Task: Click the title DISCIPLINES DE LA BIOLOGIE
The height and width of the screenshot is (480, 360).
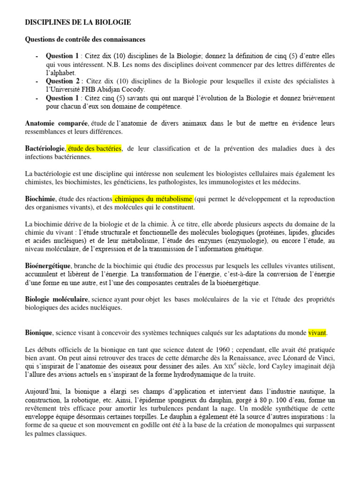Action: (x=78, y=22)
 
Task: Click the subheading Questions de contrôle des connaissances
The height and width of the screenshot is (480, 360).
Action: (x=85, y=39)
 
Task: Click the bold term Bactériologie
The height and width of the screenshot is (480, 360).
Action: (x=45, y=149)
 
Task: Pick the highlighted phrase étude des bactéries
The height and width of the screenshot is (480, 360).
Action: (x=94, y=149)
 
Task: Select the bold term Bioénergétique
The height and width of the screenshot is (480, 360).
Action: (x=48, y=266)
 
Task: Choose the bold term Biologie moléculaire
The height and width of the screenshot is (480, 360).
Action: (x=57, y=299)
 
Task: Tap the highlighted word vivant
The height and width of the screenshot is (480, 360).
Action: (x=317, y=333)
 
